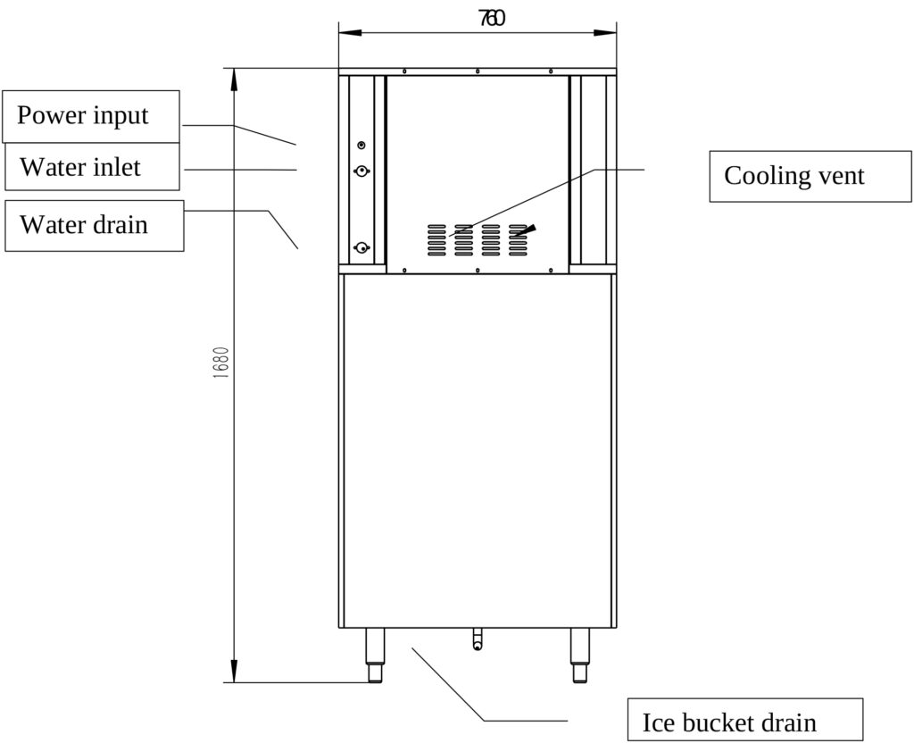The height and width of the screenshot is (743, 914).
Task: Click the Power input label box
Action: [91, 116]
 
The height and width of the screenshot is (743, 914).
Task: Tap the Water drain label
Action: [94, 225]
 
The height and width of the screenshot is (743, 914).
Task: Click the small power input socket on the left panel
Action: [361, 145]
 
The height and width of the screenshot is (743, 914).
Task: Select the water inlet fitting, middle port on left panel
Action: [361, 171]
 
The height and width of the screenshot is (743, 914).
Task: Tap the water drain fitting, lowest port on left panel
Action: [361, 249]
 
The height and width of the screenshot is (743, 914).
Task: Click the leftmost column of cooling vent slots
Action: [436, 238]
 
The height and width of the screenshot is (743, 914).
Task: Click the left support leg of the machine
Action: [375, 655]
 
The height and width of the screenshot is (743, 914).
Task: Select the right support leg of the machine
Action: [580, 655]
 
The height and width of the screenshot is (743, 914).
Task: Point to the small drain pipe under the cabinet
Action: [478, 639]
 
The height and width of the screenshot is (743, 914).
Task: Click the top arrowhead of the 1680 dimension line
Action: [234, 79]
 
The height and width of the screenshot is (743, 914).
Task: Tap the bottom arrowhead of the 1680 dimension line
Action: [234, 672]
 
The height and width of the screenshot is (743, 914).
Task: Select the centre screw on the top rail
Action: [478, 71]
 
